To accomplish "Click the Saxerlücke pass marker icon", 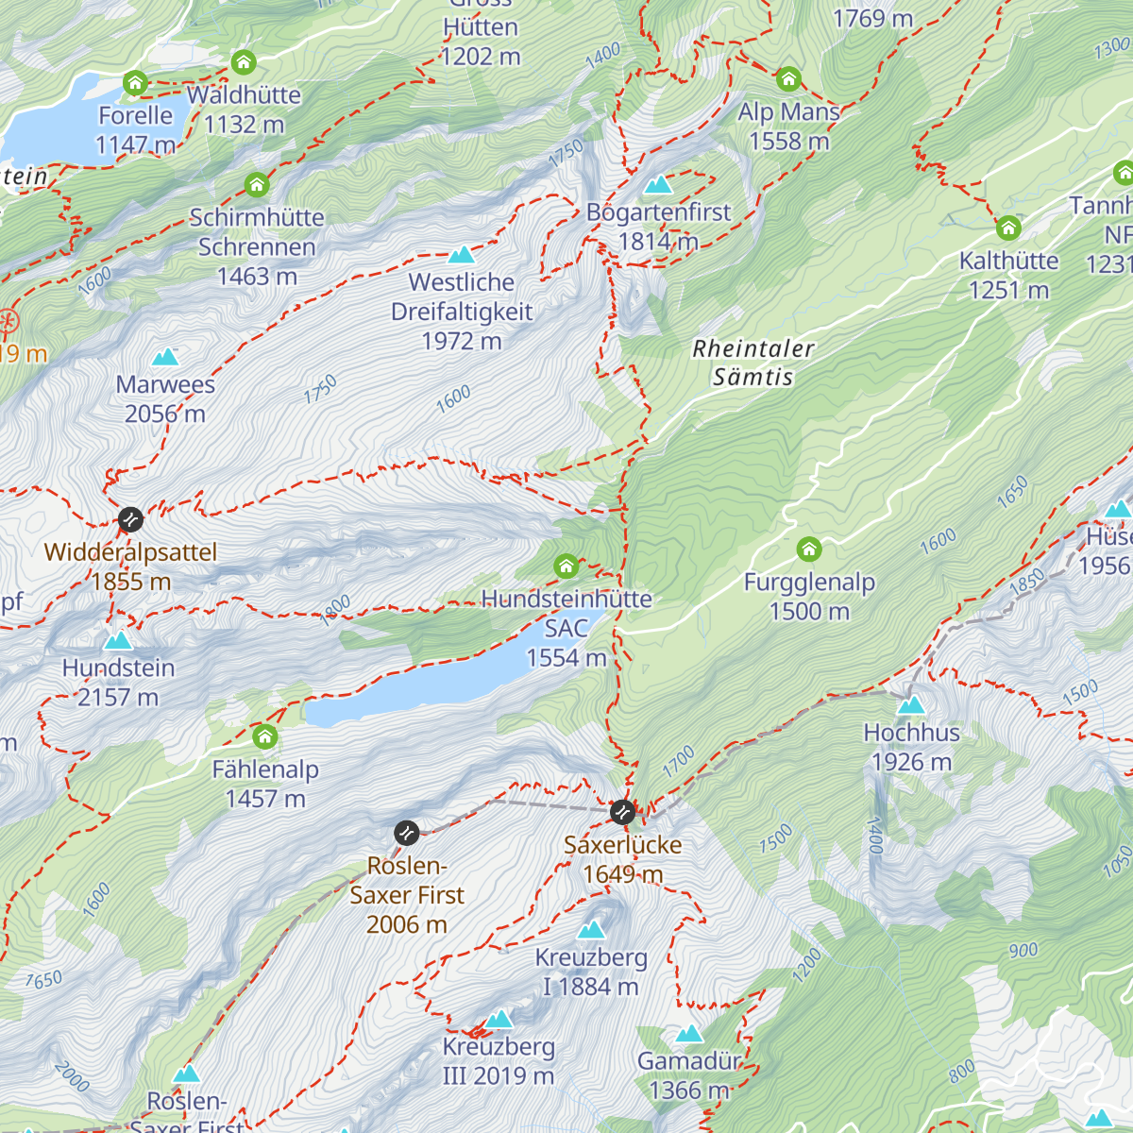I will click(622, 812).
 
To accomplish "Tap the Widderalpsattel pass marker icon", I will click(130, 519).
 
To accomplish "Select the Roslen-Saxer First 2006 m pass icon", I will click(406, 833).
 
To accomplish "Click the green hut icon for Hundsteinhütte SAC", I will click(566, 566).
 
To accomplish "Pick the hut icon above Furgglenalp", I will click(808, 550).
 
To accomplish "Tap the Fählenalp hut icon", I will click(265, 736).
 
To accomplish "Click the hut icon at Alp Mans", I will click(788, 79).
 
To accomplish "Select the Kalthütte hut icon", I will click(1008, 228).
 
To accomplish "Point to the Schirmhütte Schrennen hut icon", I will click(257, 185).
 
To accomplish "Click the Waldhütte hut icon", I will click(244, 63).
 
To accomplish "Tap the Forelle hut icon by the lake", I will click(136, 83).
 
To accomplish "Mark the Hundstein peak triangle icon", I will click(118, 641).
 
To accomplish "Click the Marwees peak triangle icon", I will click(165, 357).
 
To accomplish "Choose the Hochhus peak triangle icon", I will click(911, 705).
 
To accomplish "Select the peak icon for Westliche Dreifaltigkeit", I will click(461, 255).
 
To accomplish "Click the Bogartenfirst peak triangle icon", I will click(658, 184).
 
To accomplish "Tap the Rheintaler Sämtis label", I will click(753, 363).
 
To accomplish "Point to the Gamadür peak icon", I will click(689, 1034).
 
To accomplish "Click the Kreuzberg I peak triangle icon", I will click(591, 930).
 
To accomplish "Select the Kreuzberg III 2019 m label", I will click(499, 1061).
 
